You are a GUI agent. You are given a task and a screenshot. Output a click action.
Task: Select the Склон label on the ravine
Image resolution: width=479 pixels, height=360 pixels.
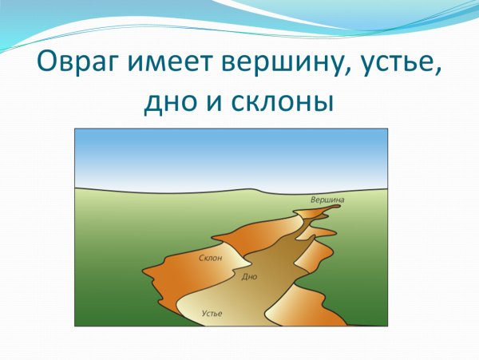(x=210, y=258)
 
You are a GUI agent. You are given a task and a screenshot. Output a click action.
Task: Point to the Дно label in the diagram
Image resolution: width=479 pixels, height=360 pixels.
(x=249, y=276)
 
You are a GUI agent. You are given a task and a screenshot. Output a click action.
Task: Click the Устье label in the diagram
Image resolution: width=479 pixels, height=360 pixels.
(x=212, y=313)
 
